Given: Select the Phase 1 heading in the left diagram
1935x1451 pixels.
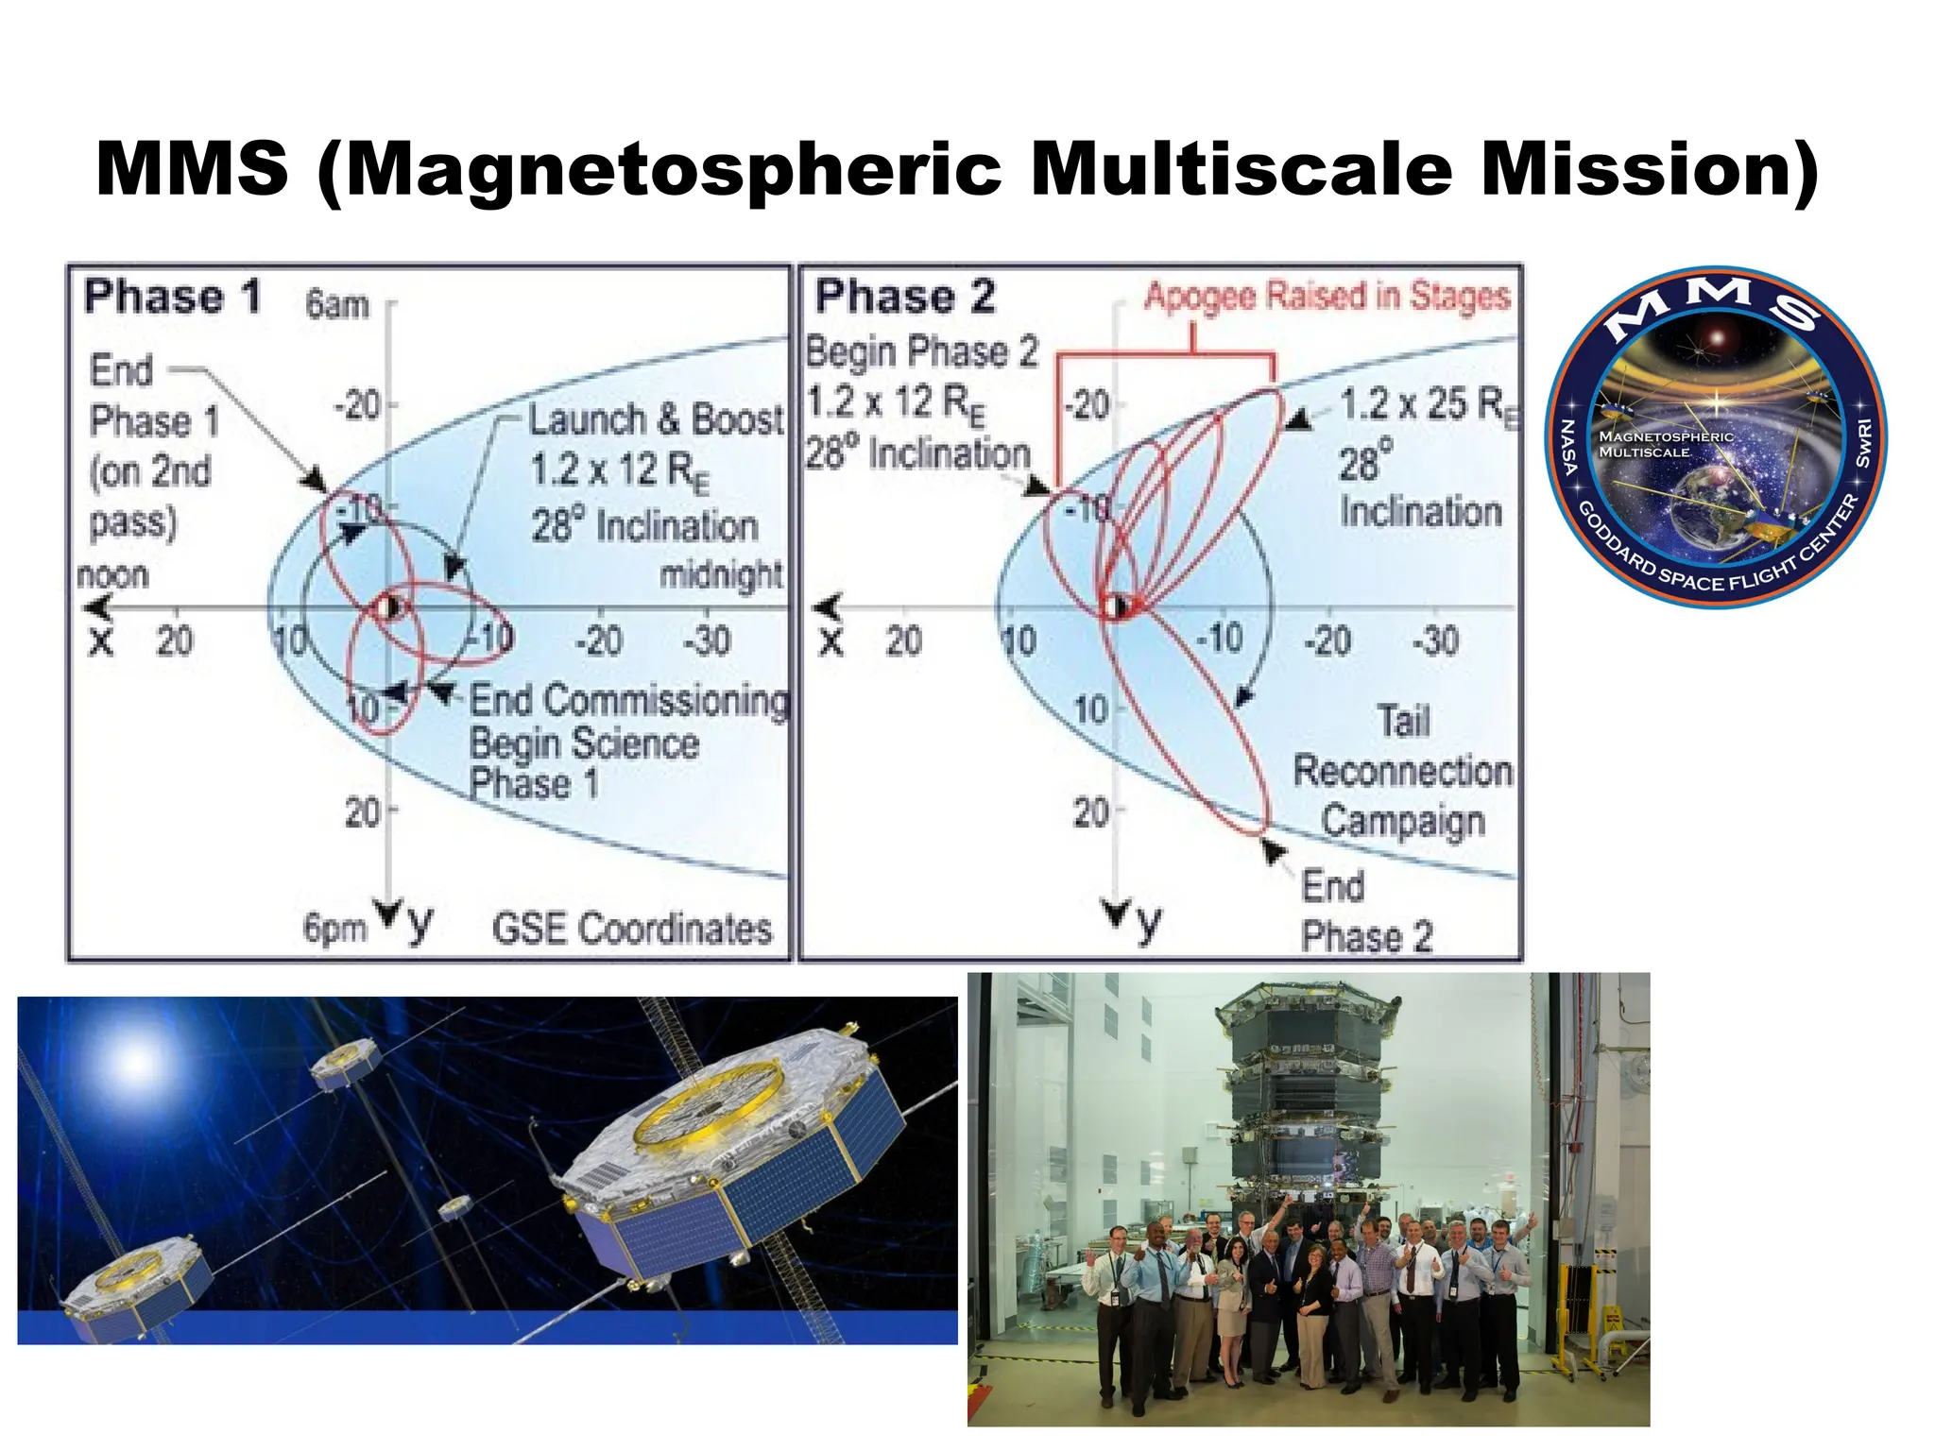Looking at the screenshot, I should [172, 297].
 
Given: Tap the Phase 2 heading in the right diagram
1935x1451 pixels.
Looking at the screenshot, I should [905, 297].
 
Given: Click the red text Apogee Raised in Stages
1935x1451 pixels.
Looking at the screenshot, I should [1327, 297].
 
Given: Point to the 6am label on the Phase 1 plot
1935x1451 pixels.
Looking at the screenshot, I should [336, 305].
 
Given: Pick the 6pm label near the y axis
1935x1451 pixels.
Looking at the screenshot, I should [334, 928].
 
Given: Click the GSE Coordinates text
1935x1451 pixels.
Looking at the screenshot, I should [631, 929].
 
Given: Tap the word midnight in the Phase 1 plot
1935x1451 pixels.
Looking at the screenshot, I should [721, 573].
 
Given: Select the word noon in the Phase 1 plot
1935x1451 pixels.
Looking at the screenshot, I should [112, 574].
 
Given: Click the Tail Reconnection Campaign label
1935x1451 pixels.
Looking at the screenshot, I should [1402, 771].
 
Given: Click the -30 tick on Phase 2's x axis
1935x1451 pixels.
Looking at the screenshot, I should [1435, 641].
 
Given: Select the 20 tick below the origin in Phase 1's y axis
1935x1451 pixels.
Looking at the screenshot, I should [363, 811].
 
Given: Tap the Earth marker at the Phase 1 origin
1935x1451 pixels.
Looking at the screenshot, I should [388, 607].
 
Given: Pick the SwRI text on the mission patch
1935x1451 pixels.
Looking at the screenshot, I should [1863, 444].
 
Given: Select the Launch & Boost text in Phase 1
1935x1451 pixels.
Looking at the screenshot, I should [655, 419].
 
